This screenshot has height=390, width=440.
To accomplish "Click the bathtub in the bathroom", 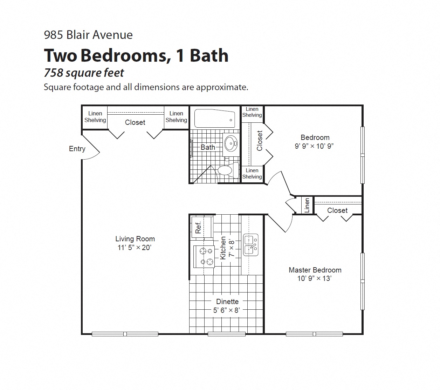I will pos(215,118).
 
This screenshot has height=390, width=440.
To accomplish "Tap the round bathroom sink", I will pos(231,143).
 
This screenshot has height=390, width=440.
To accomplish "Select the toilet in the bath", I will pos(228,170).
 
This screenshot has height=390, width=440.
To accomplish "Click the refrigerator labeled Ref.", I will pos(202,227).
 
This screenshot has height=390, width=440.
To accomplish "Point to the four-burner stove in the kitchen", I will pos(204,256).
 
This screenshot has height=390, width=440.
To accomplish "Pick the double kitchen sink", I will pos(251,245).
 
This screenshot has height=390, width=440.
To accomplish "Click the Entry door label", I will pos(77,149).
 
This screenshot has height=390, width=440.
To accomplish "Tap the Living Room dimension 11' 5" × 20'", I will pos(135,248).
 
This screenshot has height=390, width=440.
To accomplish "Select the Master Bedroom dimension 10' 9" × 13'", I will pos(315,278).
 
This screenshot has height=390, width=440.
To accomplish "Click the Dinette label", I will pos(227,302).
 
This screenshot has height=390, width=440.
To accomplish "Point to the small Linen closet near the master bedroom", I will pos(307,205).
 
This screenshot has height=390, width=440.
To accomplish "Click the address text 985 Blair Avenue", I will pos(88,35).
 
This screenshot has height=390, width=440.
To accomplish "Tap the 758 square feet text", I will pos(84,73).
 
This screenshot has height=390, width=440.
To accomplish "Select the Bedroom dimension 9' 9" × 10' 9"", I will pos(314,146).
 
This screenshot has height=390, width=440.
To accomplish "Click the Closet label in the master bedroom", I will pos(337,210).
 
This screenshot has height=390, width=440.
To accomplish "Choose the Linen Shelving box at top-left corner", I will pos(95,117).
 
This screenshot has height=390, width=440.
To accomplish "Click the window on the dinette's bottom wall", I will pos(226,334).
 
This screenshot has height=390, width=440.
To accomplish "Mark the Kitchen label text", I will pos(223,248).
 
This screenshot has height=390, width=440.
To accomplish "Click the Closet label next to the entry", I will pos(135,122).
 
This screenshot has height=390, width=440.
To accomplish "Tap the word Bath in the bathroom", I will pos(208,147).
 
